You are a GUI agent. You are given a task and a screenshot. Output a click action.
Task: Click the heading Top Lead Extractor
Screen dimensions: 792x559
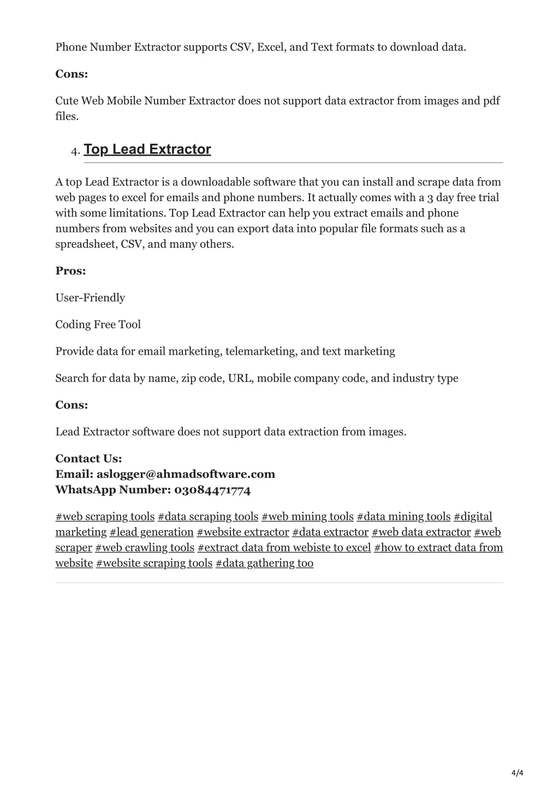147,149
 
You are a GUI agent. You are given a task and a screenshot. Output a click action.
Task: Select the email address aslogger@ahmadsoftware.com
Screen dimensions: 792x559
186,474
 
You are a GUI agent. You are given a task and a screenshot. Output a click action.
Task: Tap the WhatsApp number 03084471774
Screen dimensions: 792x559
212,490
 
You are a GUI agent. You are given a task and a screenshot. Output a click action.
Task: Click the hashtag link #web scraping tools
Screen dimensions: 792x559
105,517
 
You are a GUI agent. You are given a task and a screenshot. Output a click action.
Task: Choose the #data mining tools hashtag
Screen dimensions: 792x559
403,517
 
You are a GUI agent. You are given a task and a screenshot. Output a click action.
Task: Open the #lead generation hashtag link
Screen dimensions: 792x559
152,532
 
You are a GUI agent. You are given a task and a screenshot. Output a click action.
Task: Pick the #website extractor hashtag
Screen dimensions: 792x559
243,532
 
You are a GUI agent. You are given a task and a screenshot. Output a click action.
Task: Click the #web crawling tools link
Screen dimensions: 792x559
145,548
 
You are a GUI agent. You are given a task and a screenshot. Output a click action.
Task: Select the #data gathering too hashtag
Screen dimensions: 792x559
264,563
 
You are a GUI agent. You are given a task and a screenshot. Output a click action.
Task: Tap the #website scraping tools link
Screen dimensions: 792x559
154,563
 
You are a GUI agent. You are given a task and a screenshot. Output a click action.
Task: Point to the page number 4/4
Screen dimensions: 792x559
518,773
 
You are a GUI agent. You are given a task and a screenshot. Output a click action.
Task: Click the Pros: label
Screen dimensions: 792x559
70,271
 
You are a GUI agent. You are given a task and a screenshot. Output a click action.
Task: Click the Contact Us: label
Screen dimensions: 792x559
88,459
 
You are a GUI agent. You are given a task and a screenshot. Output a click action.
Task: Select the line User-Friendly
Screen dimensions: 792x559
90,298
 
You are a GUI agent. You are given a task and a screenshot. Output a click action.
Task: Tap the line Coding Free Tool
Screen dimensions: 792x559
98,325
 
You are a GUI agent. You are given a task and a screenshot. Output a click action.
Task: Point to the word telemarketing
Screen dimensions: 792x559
261,351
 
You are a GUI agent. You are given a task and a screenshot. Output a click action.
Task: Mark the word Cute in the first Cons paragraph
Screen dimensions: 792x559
67,101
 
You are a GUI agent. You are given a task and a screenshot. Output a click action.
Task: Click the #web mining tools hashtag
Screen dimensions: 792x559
307,517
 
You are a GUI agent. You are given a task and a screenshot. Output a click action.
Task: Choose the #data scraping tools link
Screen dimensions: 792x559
208,517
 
